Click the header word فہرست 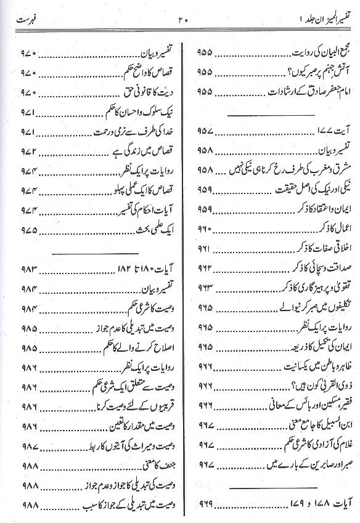pyautogui.click(x=30, y=20)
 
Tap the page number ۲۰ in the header pyautogui.click(x=182, y=20)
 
